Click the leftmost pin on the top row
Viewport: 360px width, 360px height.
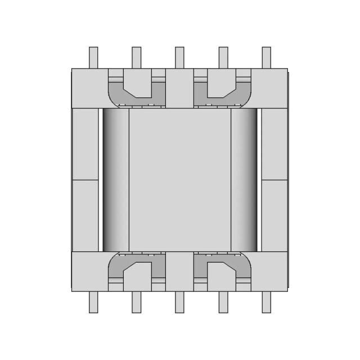pyautogui.click(x=93, y=57)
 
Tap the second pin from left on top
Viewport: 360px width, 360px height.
pyautogui.click(x=136, y=57)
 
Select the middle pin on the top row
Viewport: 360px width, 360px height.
pyautogui.click(x=179, y=57)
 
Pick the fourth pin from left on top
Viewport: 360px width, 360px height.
pyautogui.click(x=223, y=57)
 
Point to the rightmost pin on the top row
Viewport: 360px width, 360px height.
pyautogui.click(x=266, y=57)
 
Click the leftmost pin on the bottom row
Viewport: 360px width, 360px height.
pyautogui.click(x=93, y=302)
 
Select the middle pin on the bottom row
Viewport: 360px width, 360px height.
pyautogui.click(x=179, y=302)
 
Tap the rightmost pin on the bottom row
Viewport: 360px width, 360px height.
pyautogui.click(x=266, y=302)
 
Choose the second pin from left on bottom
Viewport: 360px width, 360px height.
pyautogui.click(x=136, y=302)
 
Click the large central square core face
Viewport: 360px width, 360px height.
pyautogui.click(x=180, y=179)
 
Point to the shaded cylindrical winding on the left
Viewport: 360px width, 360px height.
pyautogui.click(x=116, y=179)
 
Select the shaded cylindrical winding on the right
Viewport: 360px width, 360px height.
pyautogui.click(x=244, y=179)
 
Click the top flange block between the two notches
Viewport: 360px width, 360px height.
pyautogui.click(x=179, y=88)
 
